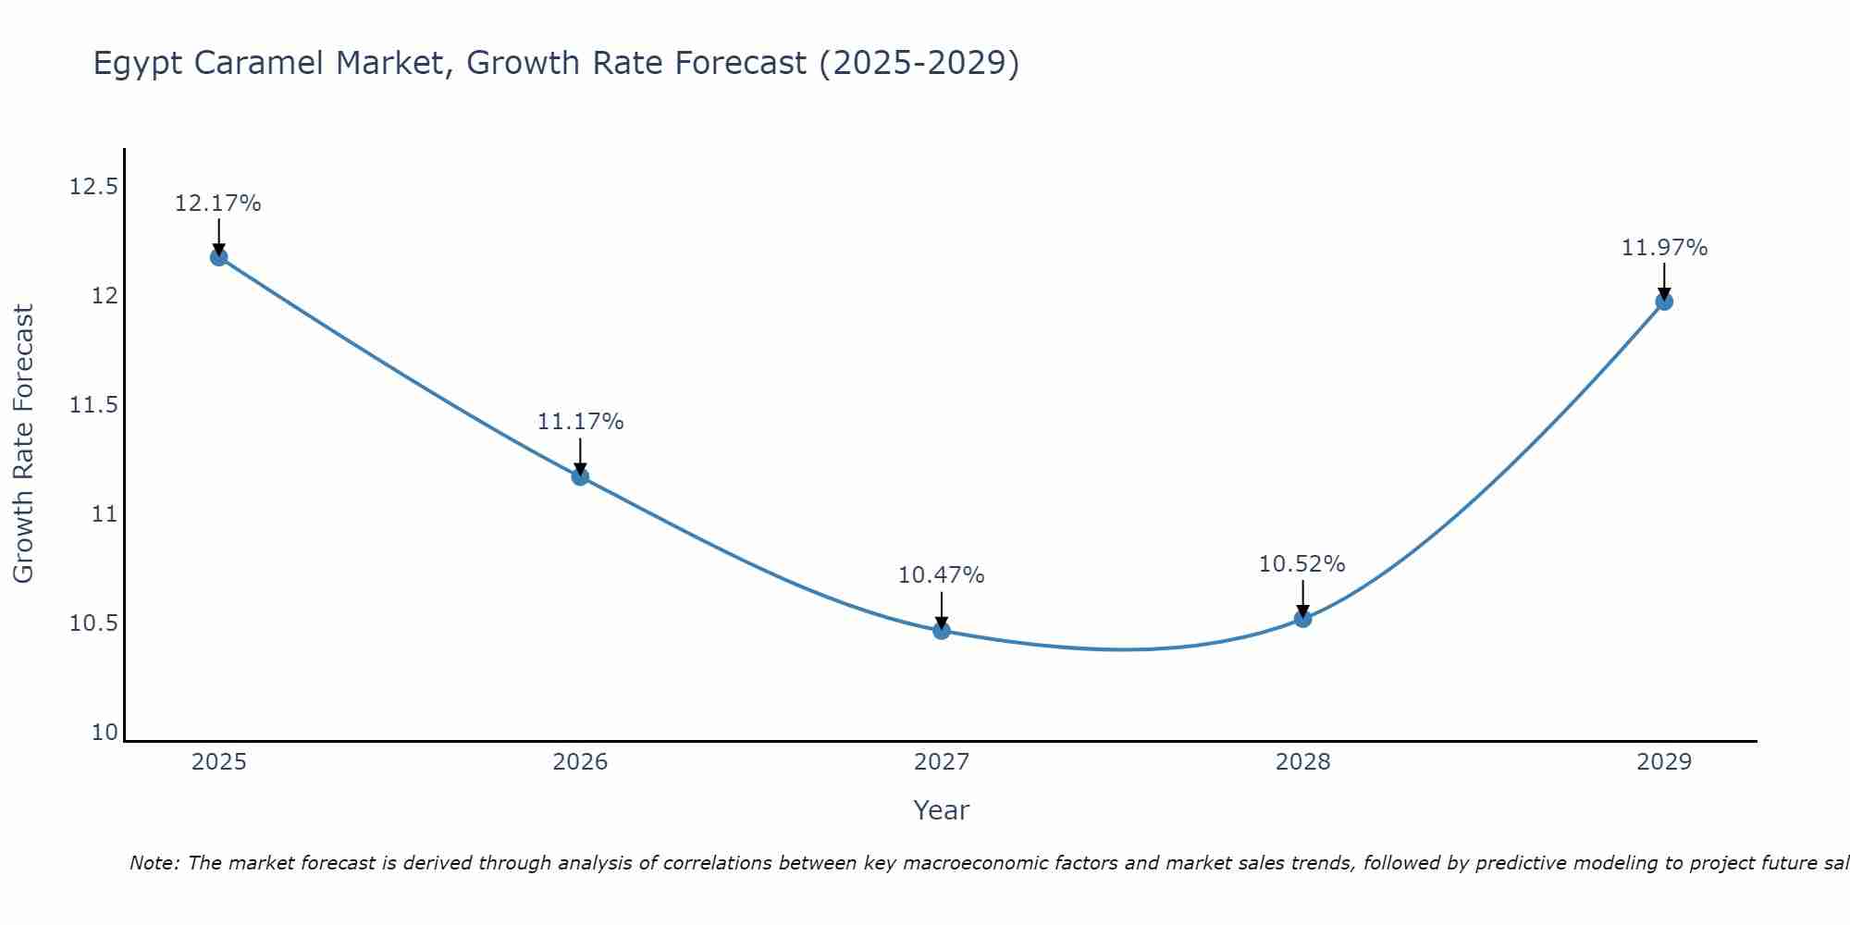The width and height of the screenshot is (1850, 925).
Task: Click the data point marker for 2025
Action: [x=219, y=257]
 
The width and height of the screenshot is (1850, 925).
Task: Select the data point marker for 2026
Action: [x=580, y=476]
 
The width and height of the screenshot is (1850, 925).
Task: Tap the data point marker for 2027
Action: [x=942, y=630]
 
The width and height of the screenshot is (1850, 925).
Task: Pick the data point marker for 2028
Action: [x=1302, y=619]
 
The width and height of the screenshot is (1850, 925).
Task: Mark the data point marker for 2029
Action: [x=1664, y=302]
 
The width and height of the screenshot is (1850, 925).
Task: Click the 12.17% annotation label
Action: [x=218, y=203]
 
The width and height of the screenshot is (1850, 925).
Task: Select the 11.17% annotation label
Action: [x=580, y=422]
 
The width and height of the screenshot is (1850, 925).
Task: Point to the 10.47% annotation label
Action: [x=941, y=575]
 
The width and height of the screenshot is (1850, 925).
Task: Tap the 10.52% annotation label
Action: [x=1301, y=564]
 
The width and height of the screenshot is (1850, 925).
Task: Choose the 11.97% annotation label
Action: [x=1664, y=248]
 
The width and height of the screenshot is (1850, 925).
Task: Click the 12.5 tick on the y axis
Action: [x=93, y=188]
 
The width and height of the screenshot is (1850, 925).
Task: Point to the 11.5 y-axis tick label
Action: [x=93, y=405]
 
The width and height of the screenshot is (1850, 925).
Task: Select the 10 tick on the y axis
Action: [x=105, y=733]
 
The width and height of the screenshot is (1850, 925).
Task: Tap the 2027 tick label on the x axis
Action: [x=942, y=762]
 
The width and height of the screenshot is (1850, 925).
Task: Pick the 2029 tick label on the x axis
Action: [x=1664, y=762]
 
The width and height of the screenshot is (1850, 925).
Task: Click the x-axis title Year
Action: [x=941, y=810]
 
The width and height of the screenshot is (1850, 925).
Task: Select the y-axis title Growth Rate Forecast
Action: [x=23, y=443]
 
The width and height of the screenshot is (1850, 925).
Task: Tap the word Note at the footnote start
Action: [x=154, y=863]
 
